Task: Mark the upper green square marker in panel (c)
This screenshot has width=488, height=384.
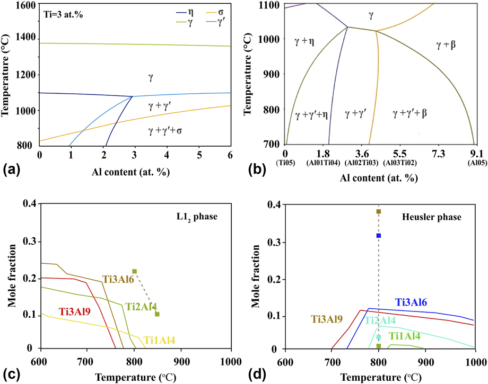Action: tap(135, 271)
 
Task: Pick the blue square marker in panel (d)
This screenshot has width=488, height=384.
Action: tap(379, 236)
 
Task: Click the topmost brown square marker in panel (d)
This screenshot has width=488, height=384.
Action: tap(379, 212)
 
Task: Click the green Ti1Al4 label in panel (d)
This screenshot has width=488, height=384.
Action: tap(406, 336)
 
